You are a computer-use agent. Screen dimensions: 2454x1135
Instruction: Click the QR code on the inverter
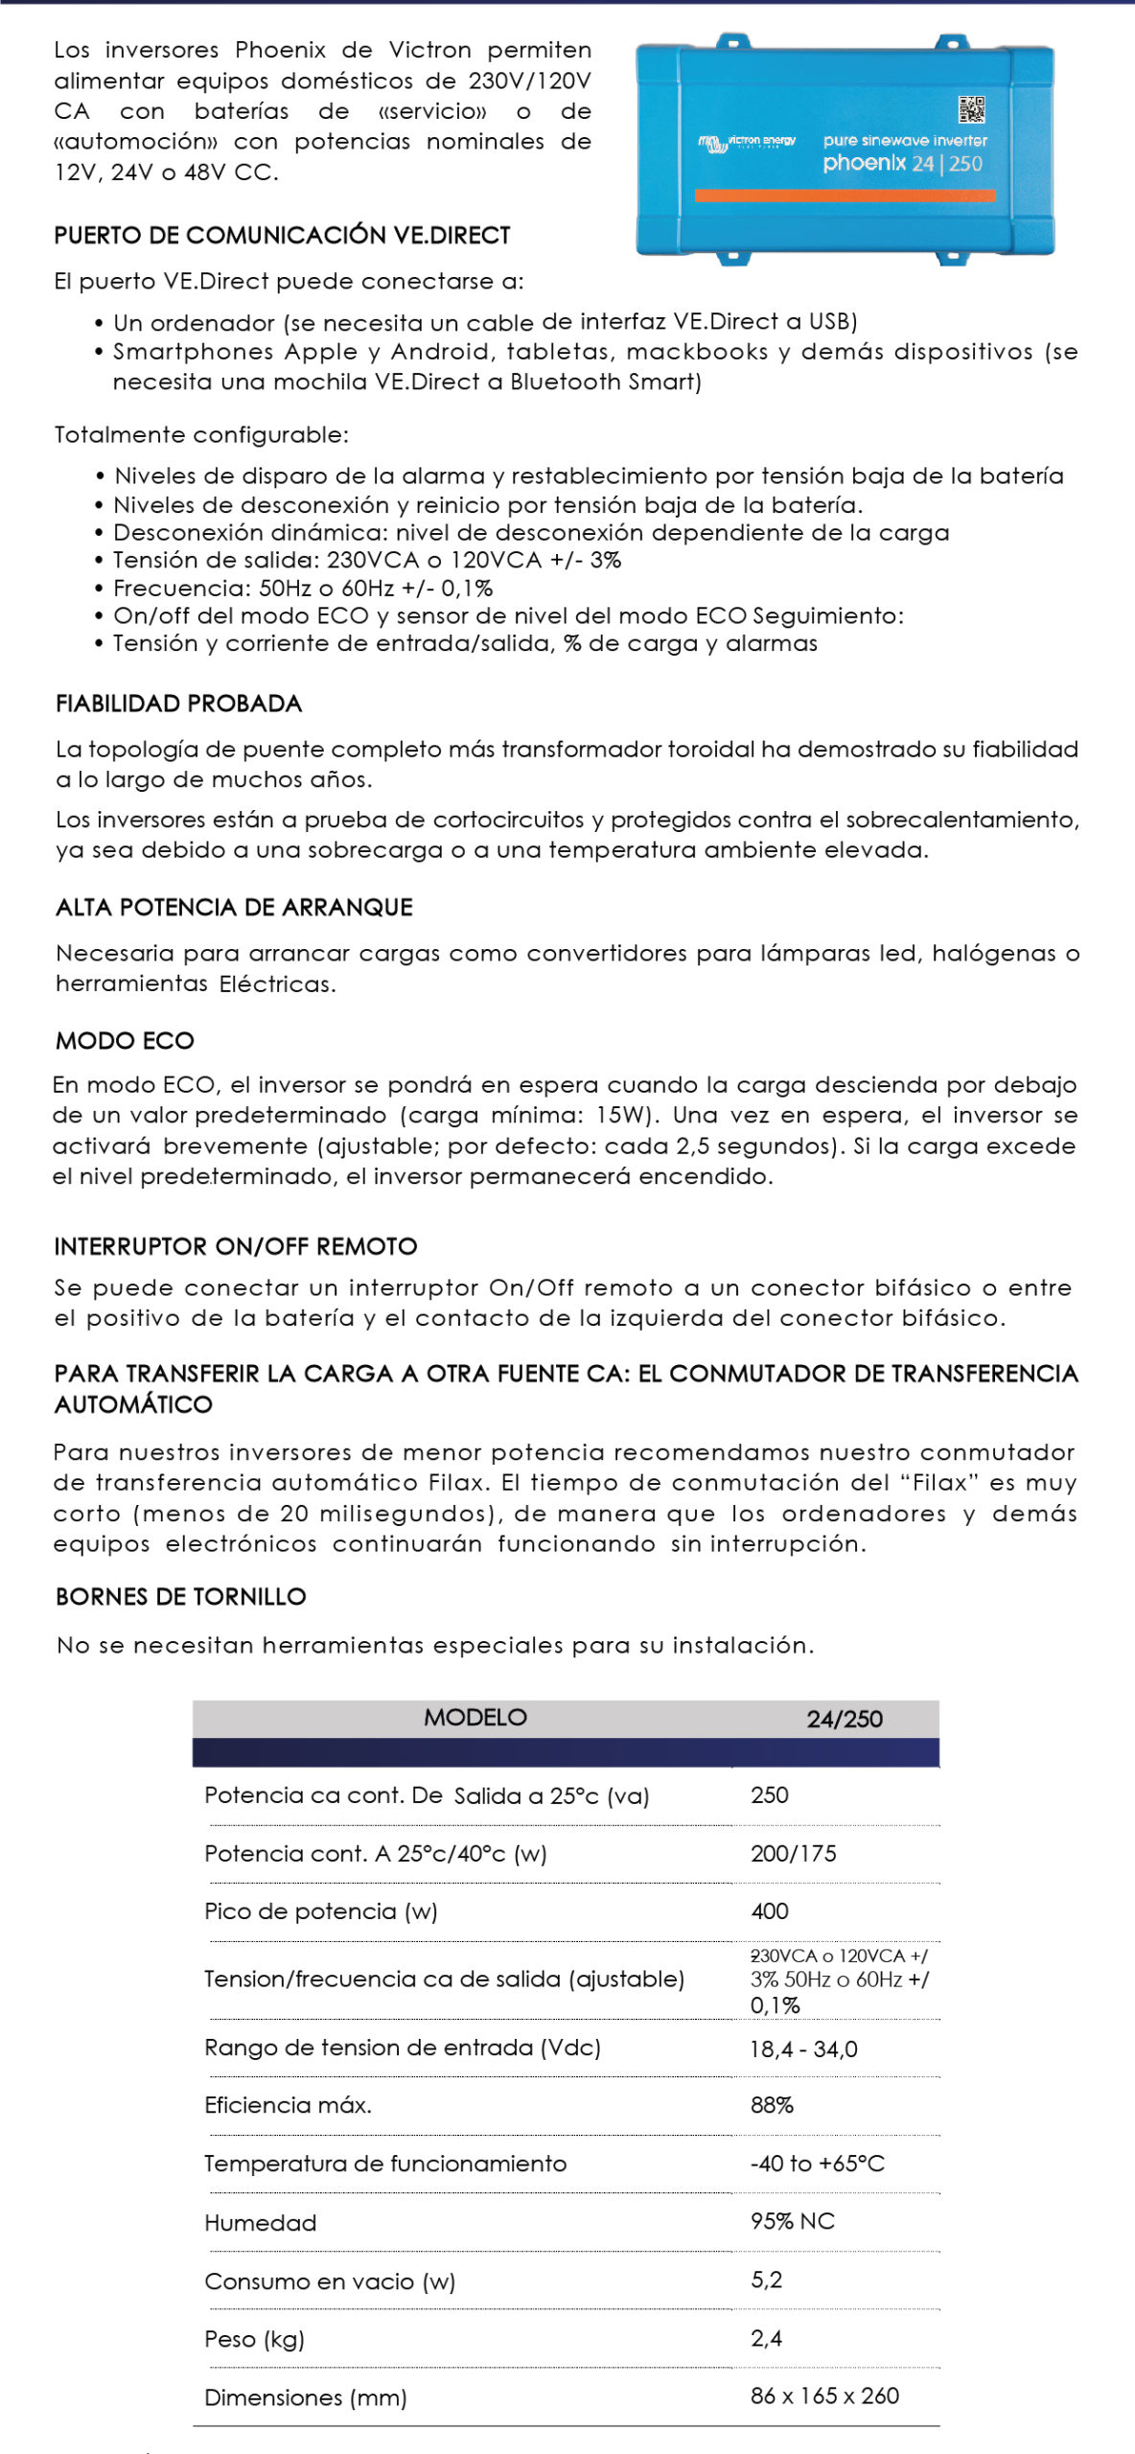pos(971,109)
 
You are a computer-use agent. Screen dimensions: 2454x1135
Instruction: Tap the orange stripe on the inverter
pos(845,196)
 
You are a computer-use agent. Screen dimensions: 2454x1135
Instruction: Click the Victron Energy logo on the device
pos(747,143)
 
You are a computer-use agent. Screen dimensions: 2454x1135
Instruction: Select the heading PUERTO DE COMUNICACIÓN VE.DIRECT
pos(282,235)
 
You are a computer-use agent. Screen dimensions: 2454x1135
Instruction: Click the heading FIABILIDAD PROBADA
pos(178,704)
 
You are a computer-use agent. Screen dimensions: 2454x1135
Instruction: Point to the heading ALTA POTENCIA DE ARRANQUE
pos(234,907)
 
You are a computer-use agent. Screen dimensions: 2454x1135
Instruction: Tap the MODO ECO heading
pos(125,1040)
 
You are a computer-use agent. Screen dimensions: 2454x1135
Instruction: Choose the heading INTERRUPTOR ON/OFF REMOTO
pos(236,1246)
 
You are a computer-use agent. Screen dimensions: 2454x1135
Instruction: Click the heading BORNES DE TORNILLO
pos(181,1596)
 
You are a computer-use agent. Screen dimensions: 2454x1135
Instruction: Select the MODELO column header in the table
pos(475,1717)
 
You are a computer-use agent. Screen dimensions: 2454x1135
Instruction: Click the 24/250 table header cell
pos(844,1719)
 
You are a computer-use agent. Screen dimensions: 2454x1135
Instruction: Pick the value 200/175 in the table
pos(793,1853)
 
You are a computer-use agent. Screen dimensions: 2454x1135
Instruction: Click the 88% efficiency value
pos(772,2105)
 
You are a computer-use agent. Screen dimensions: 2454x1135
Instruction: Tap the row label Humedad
pos(260,2222)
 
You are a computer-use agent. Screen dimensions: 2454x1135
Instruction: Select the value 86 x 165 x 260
pos(824,2396)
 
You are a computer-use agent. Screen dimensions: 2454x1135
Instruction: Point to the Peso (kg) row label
pos(254,2339)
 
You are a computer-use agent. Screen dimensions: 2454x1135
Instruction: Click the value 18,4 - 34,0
pos(803,2049)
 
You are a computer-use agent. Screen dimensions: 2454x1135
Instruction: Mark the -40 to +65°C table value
pos(817,2164)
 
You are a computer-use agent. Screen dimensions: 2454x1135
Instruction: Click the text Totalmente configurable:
pos(201,434)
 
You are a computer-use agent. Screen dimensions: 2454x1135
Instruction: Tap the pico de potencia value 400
pos(769,1910)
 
